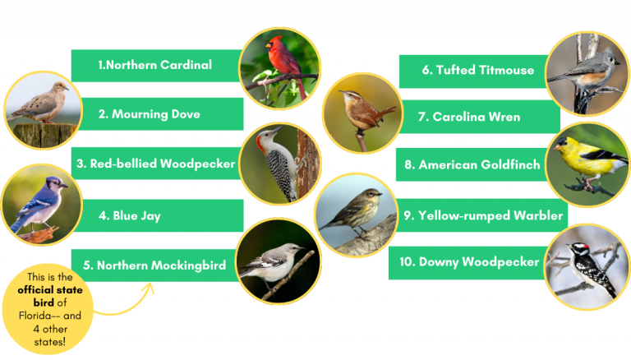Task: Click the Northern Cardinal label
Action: coord(155,65)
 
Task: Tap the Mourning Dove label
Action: coord(149,114)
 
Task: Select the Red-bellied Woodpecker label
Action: coord(156,164)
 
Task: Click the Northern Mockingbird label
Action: coord(154,265)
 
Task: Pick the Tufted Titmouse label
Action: coord(478,71)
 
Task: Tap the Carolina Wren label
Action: coord(469,117)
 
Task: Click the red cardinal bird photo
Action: coord(279,68)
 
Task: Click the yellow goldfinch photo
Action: coord(587,164)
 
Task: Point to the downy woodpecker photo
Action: coord(587,266)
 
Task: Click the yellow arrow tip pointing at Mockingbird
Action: coord(152,285)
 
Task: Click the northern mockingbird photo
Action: coord(278,261)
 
